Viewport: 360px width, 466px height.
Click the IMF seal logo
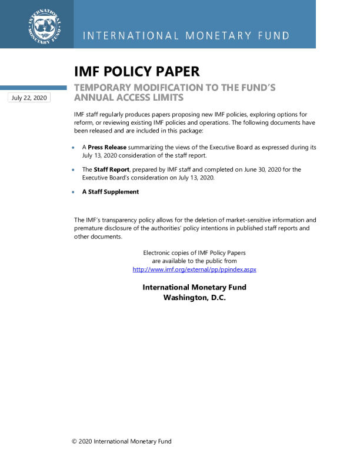click(x=45, y=26)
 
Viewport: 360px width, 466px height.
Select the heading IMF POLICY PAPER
click(x=137, y=71)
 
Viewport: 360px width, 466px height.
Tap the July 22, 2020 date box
click(x=29, y=98)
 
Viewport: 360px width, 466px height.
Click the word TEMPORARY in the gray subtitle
click(x=102, y=88)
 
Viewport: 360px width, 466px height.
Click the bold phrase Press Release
click(x=107, y=147)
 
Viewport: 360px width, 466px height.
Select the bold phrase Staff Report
click(x=111, y=169)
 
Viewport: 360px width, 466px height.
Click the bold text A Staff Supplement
click(x=111, y=192)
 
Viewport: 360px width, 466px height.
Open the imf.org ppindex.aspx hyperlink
click(x=194, y=269)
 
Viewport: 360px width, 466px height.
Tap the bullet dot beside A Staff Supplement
click(x=73, y=192)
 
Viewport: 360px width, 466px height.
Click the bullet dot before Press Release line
click(x=73, y=148)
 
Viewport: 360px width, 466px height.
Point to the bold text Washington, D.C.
click(x=195, y=298)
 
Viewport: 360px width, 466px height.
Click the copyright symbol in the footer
click(x=74, y=441)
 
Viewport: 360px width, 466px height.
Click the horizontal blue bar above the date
click(x=34, y=88)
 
